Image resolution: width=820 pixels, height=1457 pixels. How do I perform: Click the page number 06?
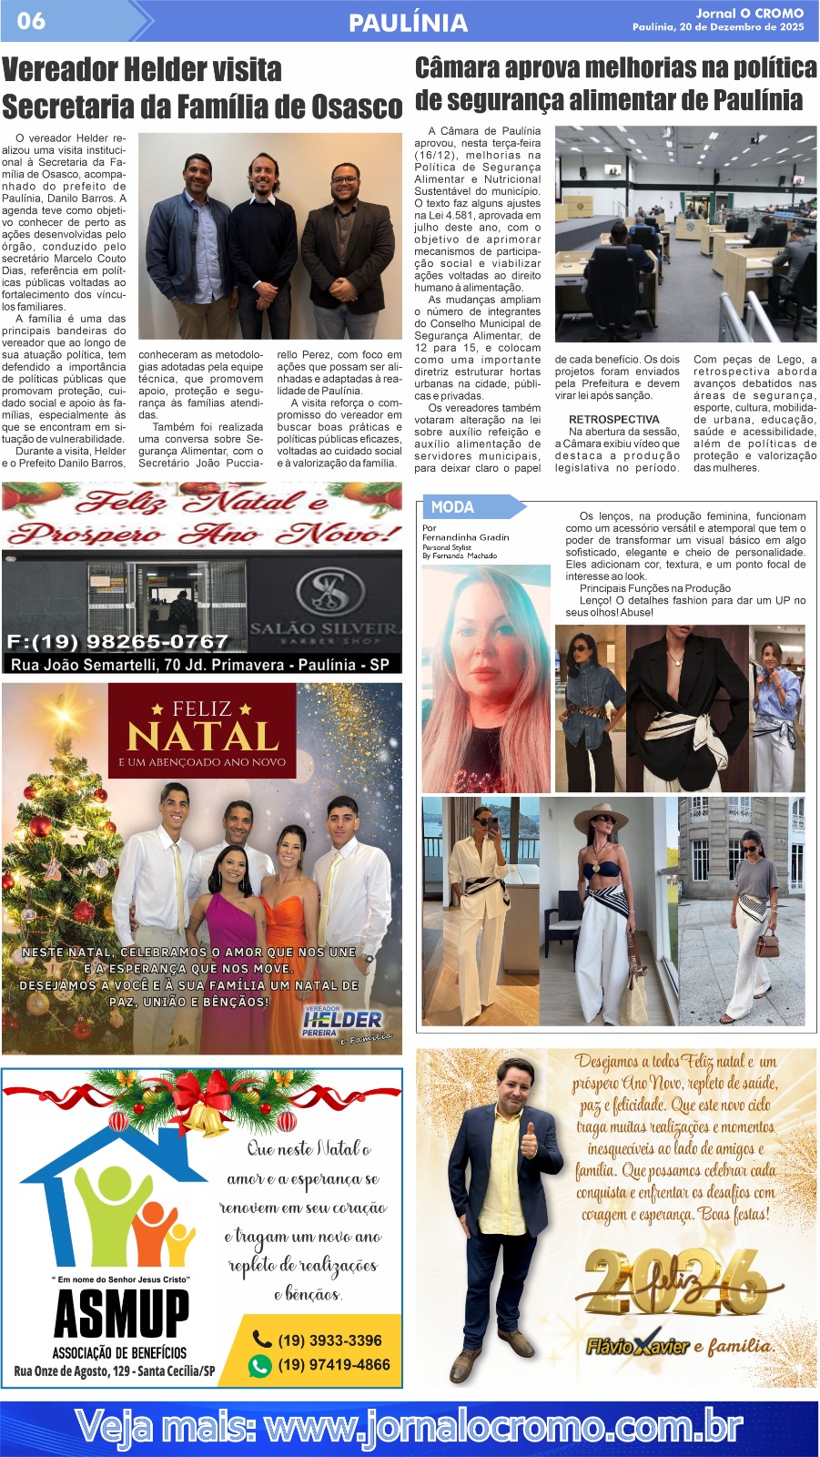[31, 20]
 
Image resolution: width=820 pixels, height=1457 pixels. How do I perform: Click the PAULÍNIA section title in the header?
[408, 22]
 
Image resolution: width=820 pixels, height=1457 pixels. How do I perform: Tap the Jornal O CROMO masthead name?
[749, 13]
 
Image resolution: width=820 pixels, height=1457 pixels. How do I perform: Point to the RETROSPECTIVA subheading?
[613, 420]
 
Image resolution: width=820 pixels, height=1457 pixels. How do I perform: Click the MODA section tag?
[452, 507]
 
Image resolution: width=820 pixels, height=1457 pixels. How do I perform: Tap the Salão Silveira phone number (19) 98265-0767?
[117, 641]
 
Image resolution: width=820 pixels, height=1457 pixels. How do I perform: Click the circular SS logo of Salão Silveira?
[324, 590]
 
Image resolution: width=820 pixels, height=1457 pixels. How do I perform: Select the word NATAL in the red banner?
[202, 736]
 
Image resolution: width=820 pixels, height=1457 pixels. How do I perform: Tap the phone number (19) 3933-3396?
[329, 1340]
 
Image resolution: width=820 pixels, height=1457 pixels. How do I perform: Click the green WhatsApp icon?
[260, 1365]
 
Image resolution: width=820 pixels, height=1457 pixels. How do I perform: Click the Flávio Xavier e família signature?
[679, 1346]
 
